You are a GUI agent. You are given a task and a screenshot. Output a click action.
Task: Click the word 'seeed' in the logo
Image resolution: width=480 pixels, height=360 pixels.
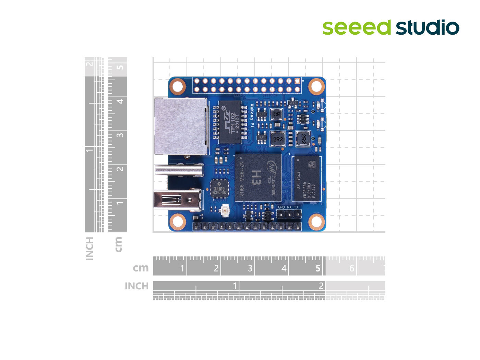pyautogui.click(x=356, y=27)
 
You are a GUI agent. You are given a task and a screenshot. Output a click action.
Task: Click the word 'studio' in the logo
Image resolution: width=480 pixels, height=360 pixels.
pyautogui.click(x=428, y=28)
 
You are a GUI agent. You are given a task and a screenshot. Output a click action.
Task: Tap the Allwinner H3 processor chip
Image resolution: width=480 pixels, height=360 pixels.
pyautogui.click(x=258, y=177)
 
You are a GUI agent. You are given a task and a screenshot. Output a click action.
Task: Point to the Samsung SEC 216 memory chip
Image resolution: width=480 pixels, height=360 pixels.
pyautogui.click(x=307, y=179)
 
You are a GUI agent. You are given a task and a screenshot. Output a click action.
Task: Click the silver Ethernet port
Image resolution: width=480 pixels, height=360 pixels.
pyautogui.click(x=181, y=126)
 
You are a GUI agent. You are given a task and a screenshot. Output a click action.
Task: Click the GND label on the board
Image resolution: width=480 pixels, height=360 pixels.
pyautogui.click(x=281, y=207)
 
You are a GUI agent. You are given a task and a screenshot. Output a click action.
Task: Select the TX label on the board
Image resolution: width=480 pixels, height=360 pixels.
pyautogui.click(x=296, y=207)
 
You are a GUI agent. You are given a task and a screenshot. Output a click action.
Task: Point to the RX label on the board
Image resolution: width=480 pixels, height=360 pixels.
pyautogui.click(x=289, y=207)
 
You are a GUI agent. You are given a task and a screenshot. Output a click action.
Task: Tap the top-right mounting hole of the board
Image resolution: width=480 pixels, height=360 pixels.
pyautogui.click(x=316, y=86)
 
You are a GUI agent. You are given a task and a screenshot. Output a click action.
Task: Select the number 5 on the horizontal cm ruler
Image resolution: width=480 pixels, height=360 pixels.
pyautogui.click(x=318, y=268)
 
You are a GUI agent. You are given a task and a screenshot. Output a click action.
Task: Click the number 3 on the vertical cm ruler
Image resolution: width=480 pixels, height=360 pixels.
pyautogui.click(x=120, y=135)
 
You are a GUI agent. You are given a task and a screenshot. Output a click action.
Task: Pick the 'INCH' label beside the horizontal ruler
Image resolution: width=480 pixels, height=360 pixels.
pyautogui.click(x=136, y=286)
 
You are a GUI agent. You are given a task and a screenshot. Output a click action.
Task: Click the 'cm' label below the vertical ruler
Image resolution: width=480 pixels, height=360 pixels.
pyautogui.click(x=118, y=244)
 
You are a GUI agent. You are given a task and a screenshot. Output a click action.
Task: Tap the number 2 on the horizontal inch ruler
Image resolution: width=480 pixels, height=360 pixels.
pyautogui.click(x=321, y=286)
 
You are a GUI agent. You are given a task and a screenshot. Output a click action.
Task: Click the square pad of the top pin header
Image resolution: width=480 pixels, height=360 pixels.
pyautogui.click(x=297, y=81)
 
